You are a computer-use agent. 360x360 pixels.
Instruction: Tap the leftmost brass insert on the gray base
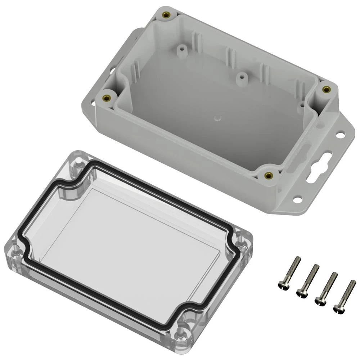107,98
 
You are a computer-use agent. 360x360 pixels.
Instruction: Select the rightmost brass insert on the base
326,89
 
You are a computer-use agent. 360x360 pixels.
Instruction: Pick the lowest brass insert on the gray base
267,175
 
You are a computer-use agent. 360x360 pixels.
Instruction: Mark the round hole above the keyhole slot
340,135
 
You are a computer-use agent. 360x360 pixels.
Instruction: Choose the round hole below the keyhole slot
297,198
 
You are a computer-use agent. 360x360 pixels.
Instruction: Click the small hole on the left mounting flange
93,104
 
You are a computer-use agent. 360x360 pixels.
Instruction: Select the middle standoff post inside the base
241,77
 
